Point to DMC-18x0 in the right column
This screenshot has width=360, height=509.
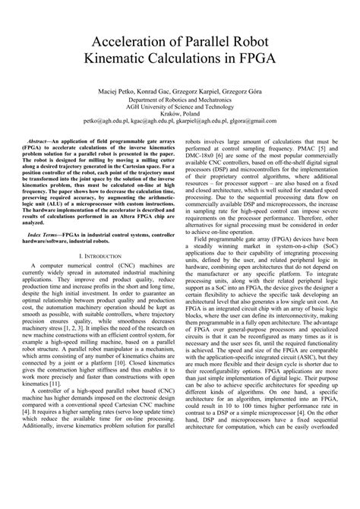[x=201, y=156]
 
